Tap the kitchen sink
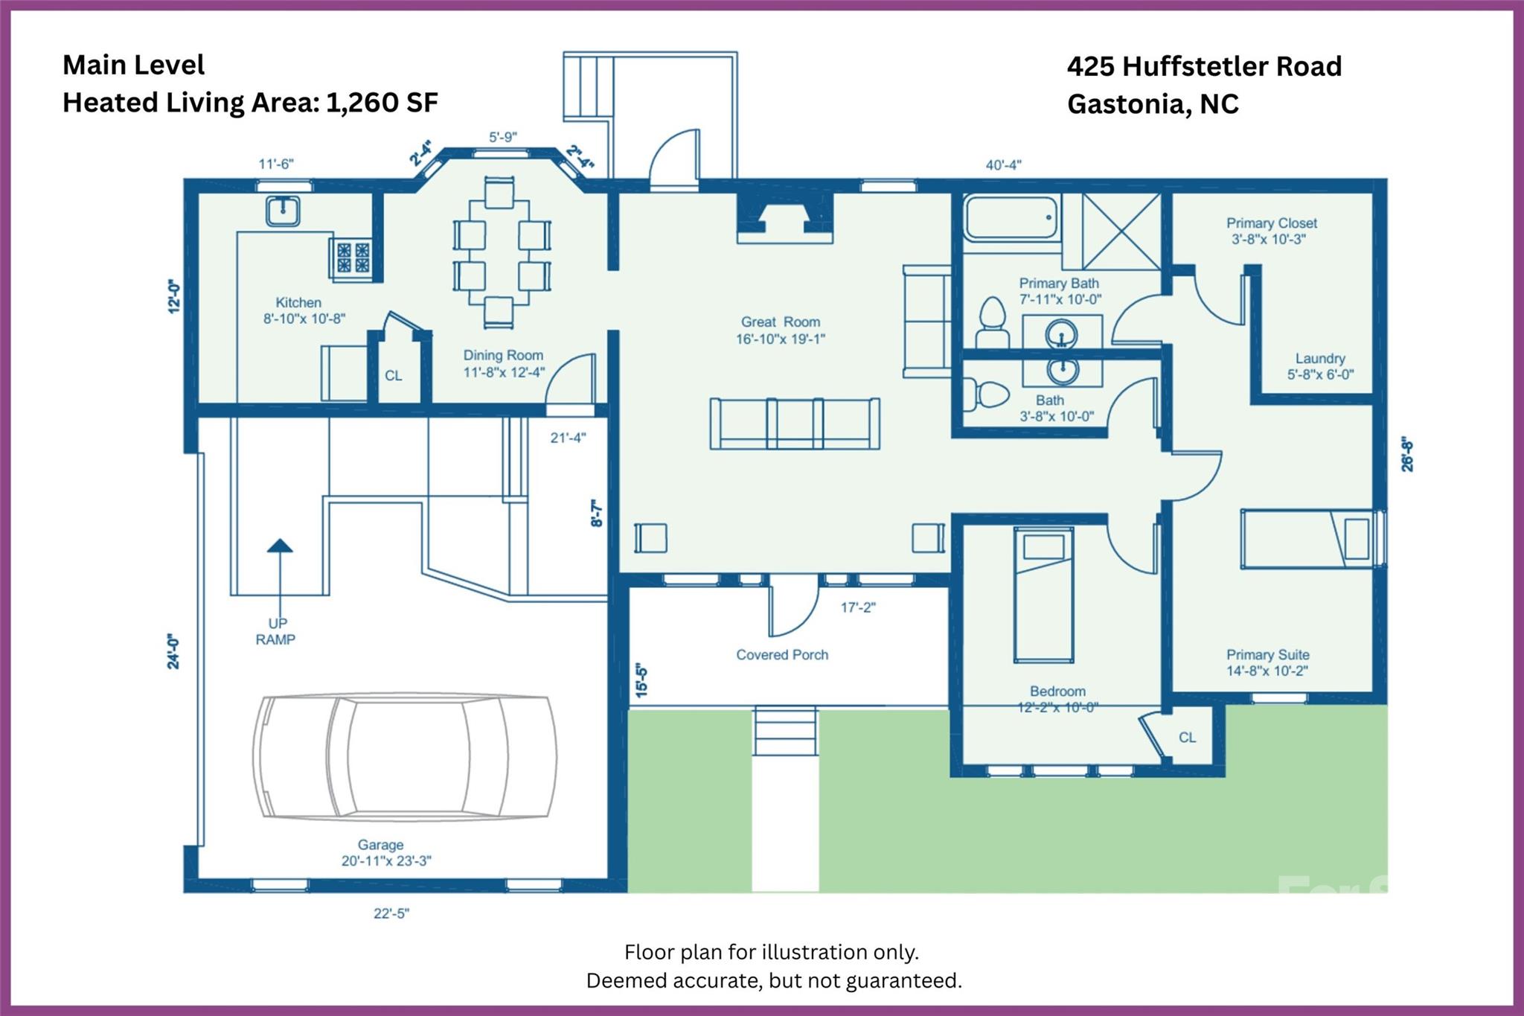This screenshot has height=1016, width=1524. click(283, 211)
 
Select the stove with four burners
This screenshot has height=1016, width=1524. click(352, 257)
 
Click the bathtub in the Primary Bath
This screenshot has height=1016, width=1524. click(1011, 217)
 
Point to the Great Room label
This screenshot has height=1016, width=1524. click(780, 330)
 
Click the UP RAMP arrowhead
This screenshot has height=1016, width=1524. click(280, 546)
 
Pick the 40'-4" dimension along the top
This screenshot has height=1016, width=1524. click(1002, 165)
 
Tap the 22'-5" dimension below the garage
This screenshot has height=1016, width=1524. click(391, 913)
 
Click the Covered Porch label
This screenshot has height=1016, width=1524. click(781, 655)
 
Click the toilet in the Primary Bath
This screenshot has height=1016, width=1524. click(992, 322)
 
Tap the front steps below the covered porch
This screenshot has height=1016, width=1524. click(785, 732)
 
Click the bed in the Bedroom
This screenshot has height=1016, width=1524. click(1043, 595)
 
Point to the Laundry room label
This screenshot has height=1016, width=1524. click(1319, 366)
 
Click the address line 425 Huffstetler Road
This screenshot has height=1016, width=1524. click(1203, 66)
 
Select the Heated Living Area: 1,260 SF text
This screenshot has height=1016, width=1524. click(250, 103)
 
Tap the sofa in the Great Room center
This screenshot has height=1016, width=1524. click(795, 424)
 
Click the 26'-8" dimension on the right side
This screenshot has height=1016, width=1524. click(1406, 454)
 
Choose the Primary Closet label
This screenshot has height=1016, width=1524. click(1271, 231)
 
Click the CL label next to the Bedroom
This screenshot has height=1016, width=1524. click(1187, 737)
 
